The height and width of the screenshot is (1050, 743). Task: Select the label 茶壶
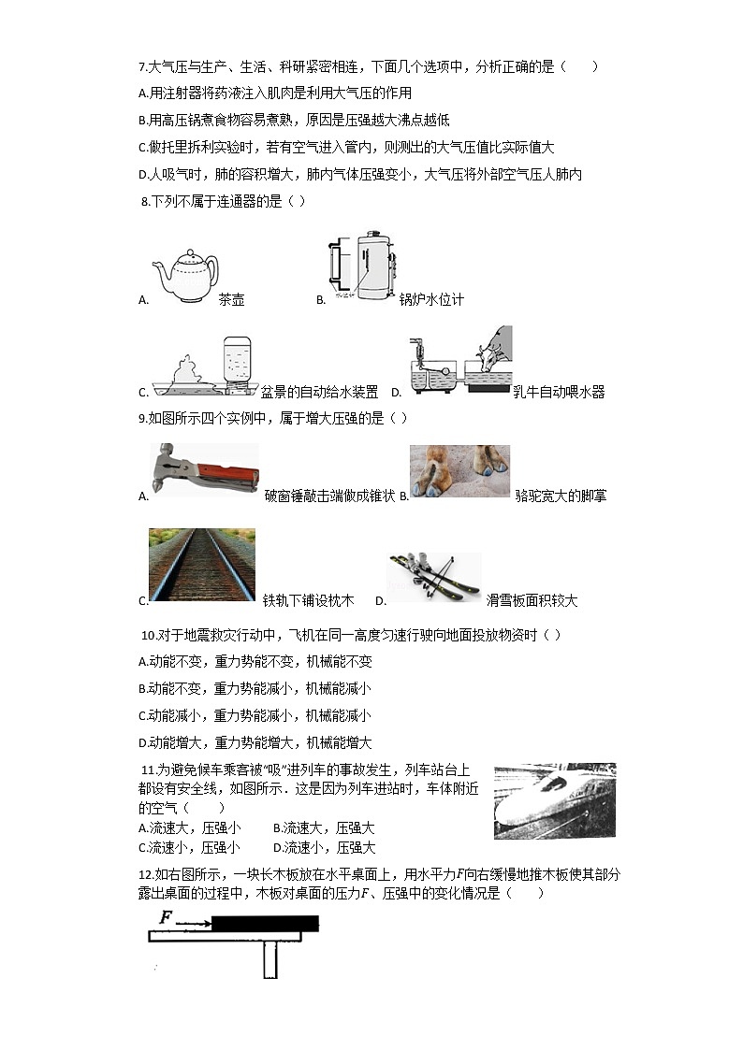(231, 300)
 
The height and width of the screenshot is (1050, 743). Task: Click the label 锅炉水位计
(431, 300)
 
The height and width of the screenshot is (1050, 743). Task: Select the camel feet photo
(459, 470)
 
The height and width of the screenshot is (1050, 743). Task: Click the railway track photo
(201, 564)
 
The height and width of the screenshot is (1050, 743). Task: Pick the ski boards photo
(435, 576)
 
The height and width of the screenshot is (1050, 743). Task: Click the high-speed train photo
(554, 800)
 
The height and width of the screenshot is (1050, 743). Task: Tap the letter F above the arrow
(166, 917)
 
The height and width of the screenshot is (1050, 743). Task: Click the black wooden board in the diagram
(265, 925)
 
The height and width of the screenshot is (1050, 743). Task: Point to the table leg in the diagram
(270, 959)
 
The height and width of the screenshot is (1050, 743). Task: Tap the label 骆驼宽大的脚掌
(561, 496)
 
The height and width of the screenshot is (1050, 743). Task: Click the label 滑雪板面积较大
(532, 600)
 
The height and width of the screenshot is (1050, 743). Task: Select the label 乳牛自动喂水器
(559, 392)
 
